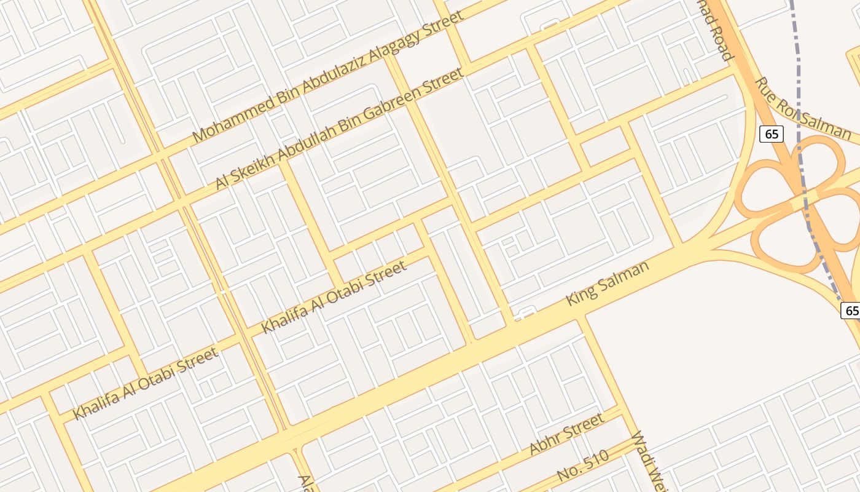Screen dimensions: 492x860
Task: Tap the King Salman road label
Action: [x=607, y=283]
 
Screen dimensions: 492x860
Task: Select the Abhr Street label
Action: [x=566, y=434]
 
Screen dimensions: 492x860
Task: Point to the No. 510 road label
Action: [x=582, y=466]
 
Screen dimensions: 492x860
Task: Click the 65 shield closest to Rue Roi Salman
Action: [x=770, y=133]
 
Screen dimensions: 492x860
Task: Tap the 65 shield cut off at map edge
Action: [x=851, y=310]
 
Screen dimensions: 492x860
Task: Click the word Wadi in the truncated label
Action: [x=643, y=449]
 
